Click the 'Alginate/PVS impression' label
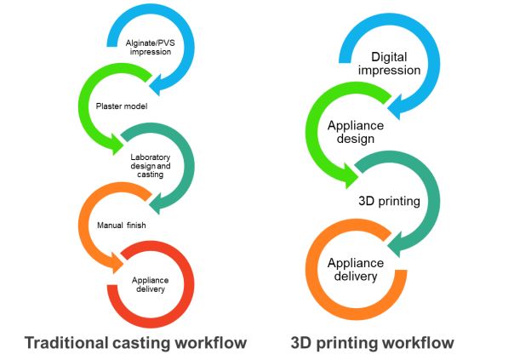151,46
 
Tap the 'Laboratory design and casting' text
151,163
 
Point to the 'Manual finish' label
114,224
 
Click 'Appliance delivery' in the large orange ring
356,270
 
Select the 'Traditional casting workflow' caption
136,343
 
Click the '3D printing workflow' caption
373,343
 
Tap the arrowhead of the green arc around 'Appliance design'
350,176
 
